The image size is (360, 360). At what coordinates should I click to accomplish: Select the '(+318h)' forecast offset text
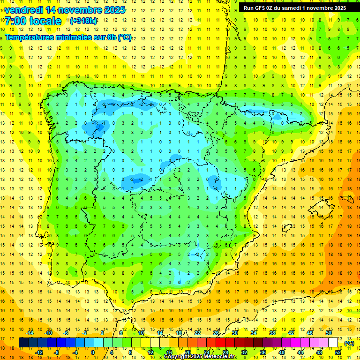(83, 21)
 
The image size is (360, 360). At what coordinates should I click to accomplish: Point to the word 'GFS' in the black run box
(261, 7)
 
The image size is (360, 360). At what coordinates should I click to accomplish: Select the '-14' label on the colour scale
(30, 332)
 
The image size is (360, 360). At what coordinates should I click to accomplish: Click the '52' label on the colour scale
(338, 352)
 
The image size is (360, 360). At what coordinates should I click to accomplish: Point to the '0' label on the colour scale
(92, 352)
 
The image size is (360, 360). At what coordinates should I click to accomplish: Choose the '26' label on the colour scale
(216, 332)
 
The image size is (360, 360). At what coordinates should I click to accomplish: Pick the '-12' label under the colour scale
(39, 352)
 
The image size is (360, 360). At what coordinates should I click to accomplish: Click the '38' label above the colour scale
(272, 332)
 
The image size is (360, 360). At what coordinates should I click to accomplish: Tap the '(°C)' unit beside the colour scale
(349, 343)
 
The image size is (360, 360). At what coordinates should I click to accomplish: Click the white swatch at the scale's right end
(333, 343)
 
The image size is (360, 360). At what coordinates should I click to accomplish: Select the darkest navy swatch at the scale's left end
(23, 343)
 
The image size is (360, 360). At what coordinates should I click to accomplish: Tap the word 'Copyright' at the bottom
(176, 357)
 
